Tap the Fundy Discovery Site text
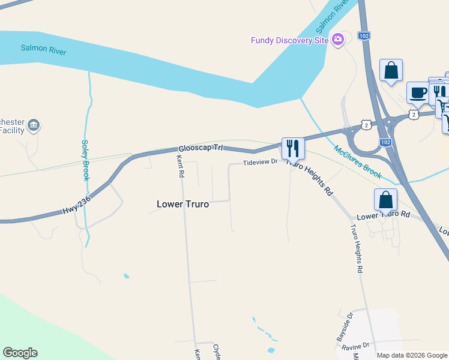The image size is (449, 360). (290, 40)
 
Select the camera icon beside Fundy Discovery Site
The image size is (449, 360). (337, 40)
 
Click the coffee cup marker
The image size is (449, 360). (418, 93)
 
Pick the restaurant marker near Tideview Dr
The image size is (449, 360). (292, 148)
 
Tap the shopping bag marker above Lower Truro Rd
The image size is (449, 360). (385, 200)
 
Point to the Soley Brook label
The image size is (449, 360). (86, 160)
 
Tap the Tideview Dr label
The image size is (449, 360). (260, 162)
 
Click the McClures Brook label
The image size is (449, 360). (358, 163)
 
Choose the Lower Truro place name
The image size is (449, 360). (182, 204)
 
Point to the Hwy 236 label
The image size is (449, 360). (77, 206)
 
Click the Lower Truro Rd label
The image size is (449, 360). (383, 215)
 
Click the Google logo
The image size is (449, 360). (20, 353)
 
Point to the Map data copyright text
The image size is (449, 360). (412, 355)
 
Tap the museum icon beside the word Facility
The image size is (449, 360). (34, 125)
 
